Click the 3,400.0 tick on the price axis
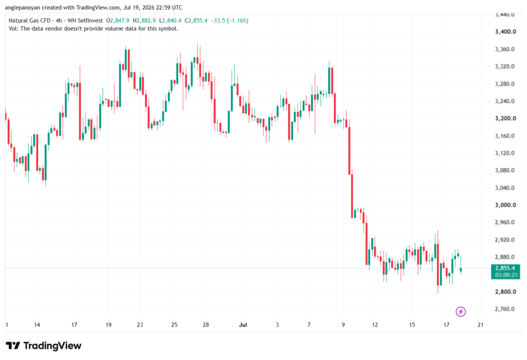coord(505,31)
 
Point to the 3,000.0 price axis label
coord(505,205)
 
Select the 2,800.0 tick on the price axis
coord(505,292)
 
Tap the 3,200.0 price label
coord(505,118)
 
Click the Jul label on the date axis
coord(243,324)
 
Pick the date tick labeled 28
coord(206,324)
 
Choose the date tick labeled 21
coord(481,324)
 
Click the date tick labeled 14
coord(37,324)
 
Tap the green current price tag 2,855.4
coord(505,268)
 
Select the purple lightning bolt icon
coord(461,312)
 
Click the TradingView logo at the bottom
coord(44,346)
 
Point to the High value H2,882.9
coord(144,21)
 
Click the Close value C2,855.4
coord(196,21)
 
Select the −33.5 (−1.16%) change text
coord(230,21)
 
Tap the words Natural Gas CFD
coord(29,21)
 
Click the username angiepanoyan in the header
coord(22,7)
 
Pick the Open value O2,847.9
coord(118,21)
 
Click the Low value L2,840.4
coord(170,21)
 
